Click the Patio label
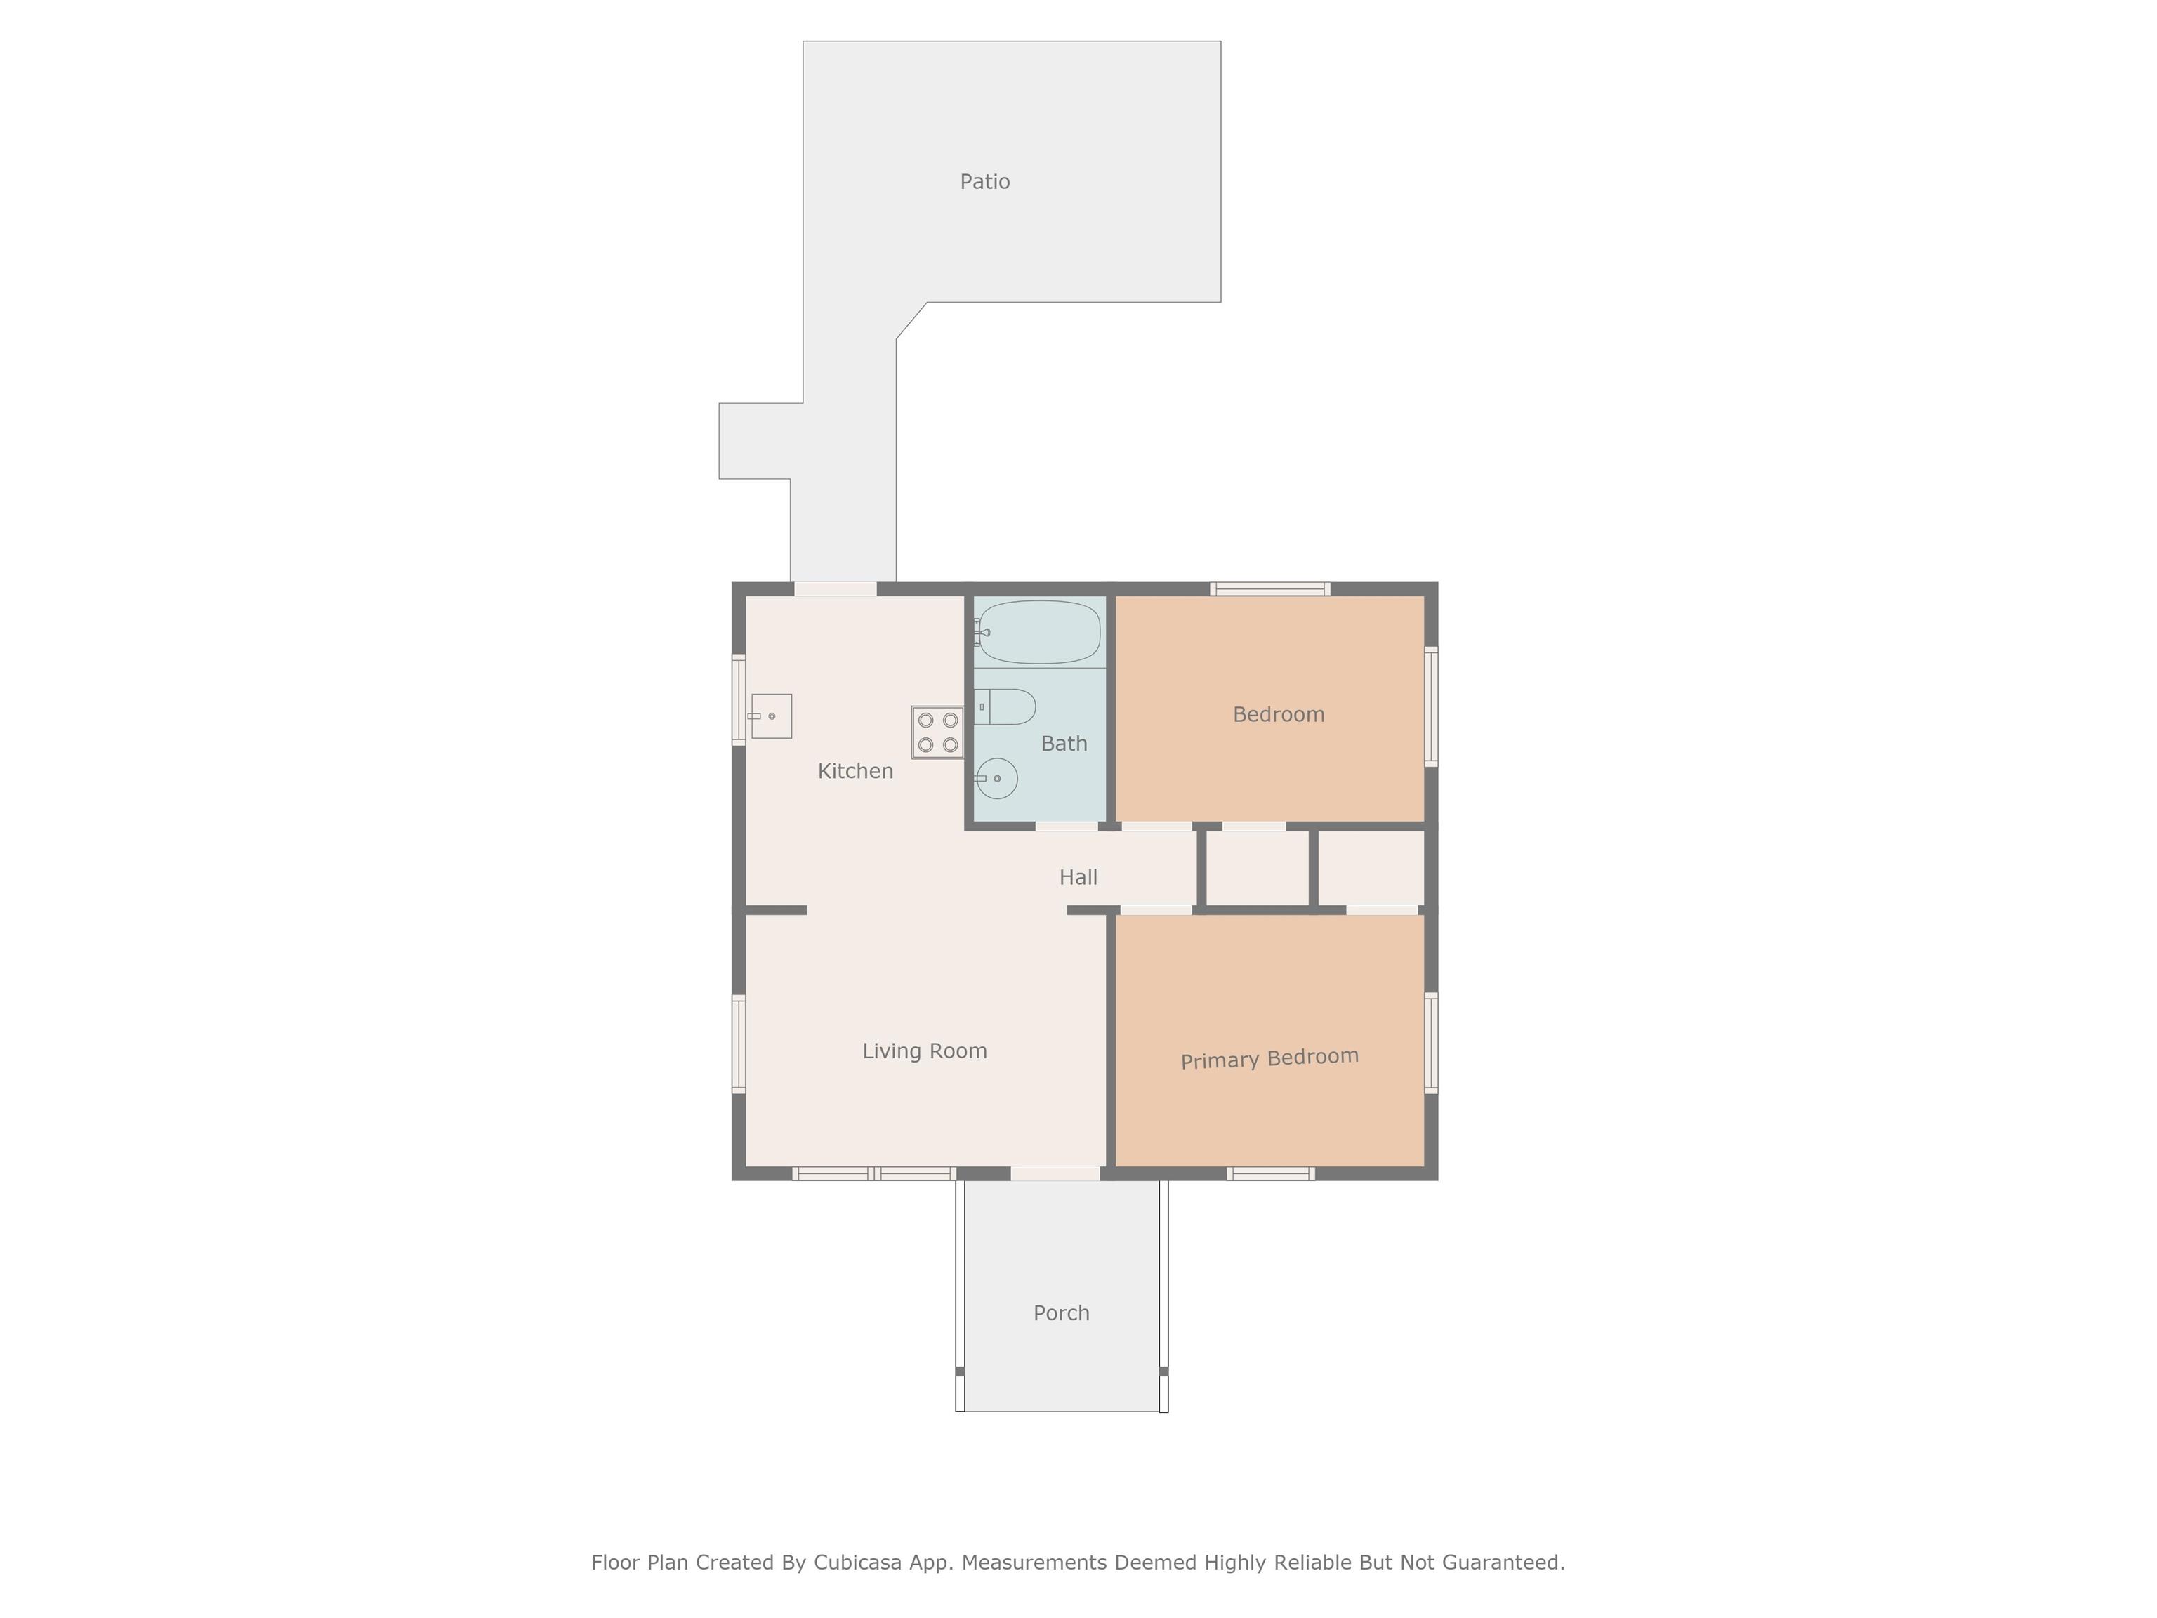point(985,181)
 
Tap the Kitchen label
point(855,772)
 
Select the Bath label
point(1064,744)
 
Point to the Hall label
point(1078,878)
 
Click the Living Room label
point(925,1051)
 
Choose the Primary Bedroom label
point(1269,1058)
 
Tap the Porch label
point(1061,1314)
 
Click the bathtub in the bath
point(1038,632)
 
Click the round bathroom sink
point(996,778)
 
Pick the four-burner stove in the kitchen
point(937,732)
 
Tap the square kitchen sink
point(770,716)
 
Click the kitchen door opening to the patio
point(836,589)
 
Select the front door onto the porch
point(1055,1173)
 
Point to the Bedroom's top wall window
point(1271,589)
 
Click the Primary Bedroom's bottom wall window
point(1271,1173)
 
